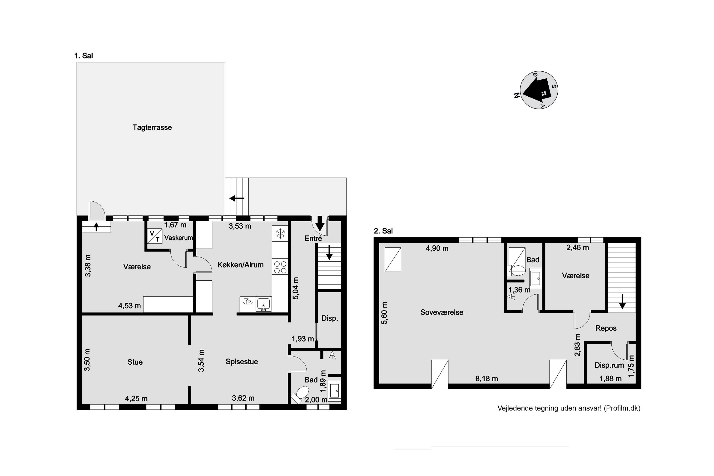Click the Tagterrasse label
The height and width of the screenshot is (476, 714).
(152, 128)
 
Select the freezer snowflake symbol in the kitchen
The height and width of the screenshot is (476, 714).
(280, 233)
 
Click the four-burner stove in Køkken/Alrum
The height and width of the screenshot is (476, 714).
(280, 267)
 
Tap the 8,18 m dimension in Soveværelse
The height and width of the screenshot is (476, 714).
(487, 379)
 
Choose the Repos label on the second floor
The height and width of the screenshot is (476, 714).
(606, 328)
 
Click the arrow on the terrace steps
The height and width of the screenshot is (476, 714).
(237, 198)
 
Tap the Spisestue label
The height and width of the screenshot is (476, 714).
(242, 362)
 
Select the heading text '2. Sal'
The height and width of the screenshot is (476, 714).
(383, 231)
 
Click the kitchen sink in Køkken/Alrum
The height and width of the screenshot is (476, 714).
(263, 304)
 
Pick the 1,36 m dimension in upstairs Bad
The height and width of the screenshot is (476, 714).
(519, 290)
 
